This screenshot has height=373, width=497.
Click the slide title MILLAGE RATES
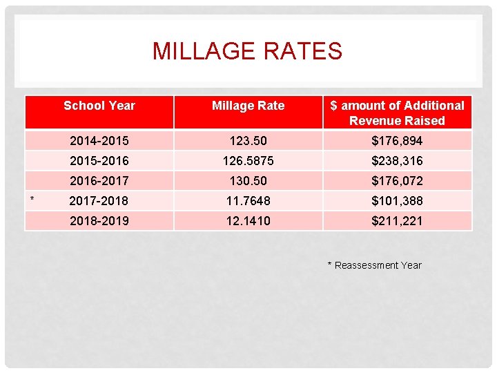[x=247, y=51]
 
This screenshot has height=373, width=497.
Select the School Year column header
[x=99, y=106]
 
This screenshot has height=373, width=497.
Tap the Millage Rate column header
[x=248, y=106]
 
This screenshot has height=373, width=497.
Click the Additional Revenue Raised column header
[x=397, y=113]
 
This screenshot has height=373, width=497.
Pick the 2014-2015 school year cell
[x=99, y=141]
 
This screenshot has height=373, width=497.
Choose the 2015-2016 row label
[x=99, y=161]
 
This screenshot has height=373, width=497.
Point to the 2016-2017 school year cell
[x=99, y=181]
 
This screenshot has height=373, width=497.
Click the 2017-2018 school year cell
[x=99, y=201]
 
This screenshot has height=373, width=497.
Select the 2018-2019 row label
[x=99, y=221]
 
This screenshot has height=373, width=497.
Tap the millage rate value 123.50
[x=248, y=141]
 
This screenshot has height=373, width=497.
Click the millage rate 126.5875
[x=248, y=161]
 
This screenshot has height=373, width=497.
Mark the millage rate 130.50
[x=248, y=181]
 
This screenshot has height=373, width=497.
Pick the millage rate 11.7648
[x=248, y=201]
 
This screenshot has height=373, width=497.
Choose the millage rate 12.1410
[x=248, y=221]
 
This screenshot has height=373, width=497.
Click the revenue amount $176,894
[x=397, y=141]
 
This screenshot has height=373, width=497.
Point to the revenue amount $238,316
[x=397, y=161]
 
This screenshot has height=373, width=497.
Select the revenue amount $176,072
[x=397, y=181]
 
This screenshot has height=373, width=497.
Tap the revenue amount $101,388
[x=397, y=201]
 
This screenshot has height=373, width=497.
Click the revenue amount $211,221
[x=397, y=221]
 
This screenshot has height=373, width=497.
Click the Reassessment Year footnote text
[x=374, y=265]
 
